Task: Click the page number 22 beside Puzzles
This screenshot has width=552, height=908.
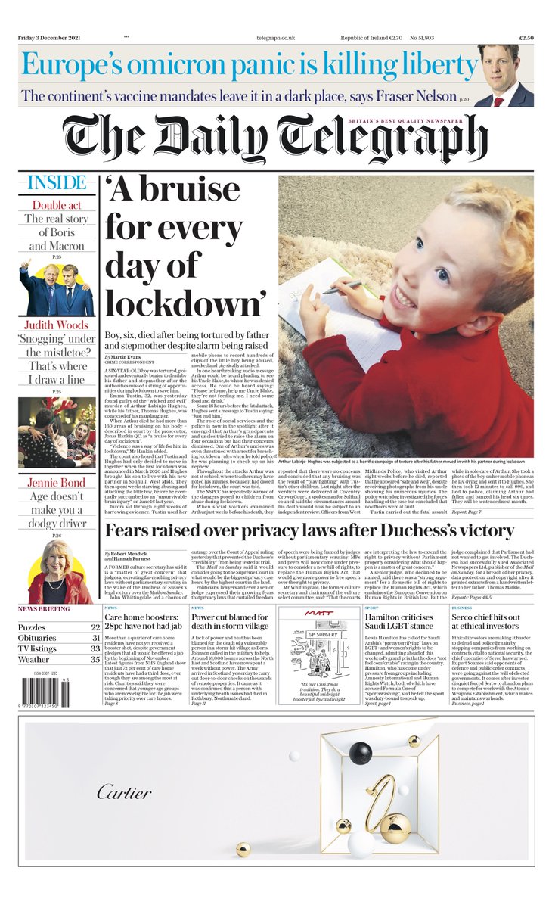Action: (95, 627)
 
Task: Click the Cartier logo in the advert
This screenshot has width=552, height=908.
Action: (124, 792)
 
